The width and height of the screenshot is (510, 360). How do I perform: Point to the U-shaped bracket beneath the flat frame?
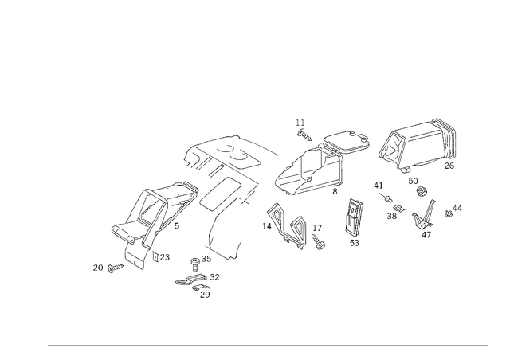(x=235, y=195)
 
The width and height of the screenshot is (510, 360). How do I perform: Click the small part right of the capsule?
(x=319, y=239)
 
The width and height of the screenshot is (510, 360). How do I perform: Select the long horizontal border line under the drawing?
(x=267, y=345)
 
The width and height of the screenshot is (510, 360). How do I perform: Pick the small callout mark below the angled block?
(x=163, y=256)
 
